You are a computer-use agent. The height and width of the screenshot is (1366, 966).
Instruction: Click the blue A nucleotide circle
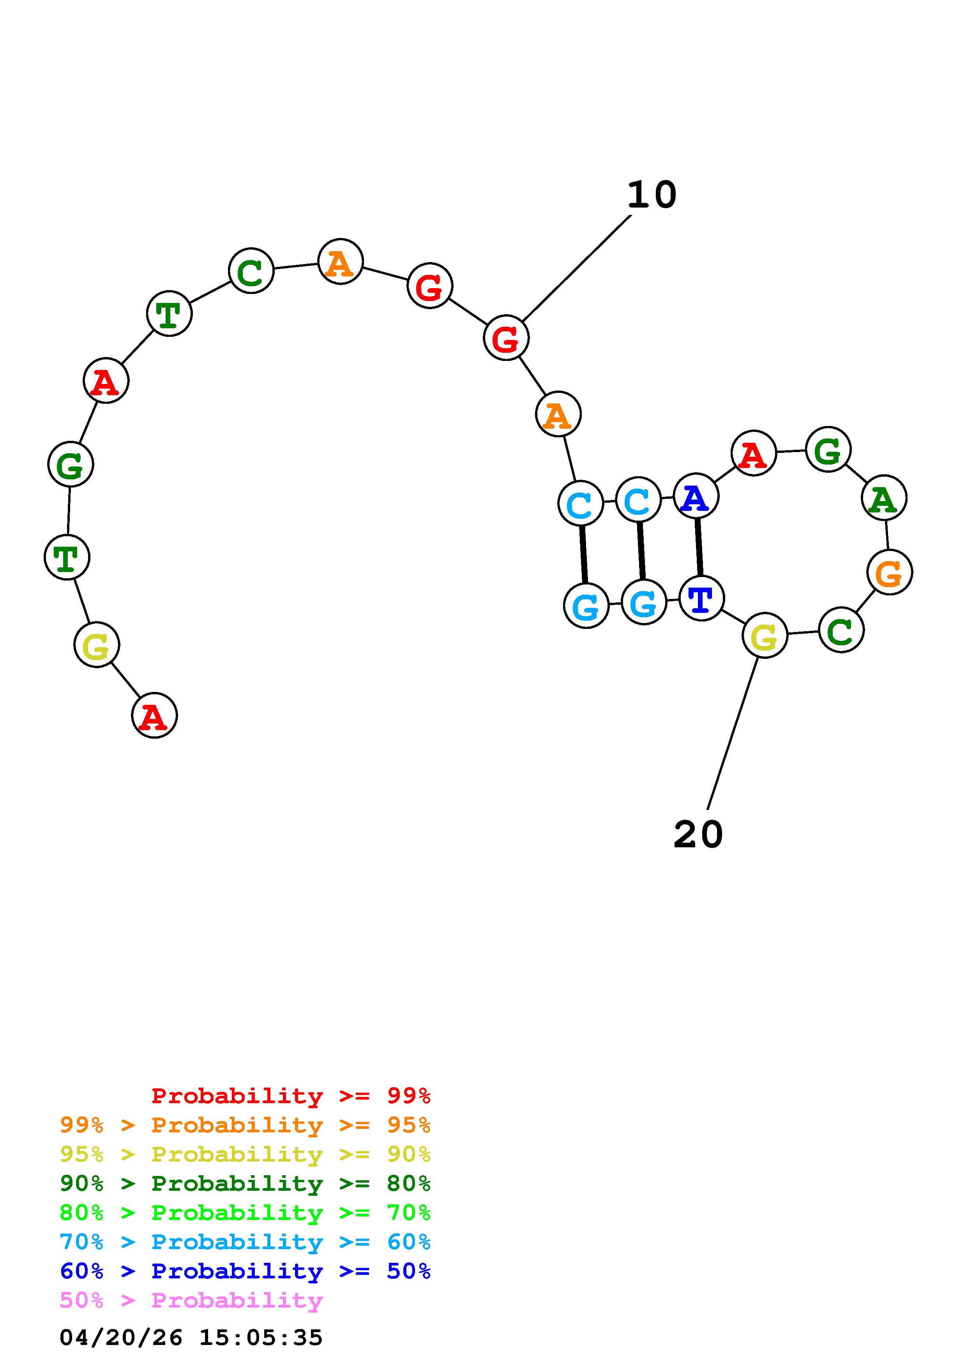pyautogui.click(x=696, y=496)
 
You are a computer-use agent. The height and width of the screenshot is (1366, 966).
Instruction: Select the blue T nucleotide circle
pyautogui.click(x=701, y=598)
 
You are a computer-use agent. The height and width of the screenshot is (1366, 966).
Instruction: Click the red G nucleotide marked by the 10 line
pyautogui.click(x=506, y=338)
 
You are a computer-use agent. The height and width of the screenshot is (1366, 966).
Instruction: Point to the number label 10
pyautogui.click(x=652, y=195)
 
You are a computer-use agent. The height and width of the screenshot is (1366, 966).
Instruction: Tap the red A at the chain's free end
pyautogui.click(x=154, y=715)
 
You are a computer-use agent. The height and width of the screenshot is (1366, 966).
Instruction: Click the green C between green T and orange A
pyautogui.click(x=251, y=271)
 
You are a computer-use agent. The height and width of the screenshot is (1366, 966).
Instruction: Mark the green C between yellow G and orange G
pyautogui.click(x=841, y=629)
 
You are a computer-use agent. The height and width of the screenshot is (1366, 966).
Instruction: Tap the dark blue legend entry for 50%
pyautogui.click(x=245, y=1271)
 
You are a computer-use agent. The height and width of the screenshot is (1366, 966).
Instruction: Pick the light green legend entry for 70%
pyautogui.click(x=245, y=1213)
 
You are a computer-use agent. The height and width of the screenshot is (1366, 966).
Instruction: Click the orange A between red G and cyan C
pyautogui.click(x=558, y=414)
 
